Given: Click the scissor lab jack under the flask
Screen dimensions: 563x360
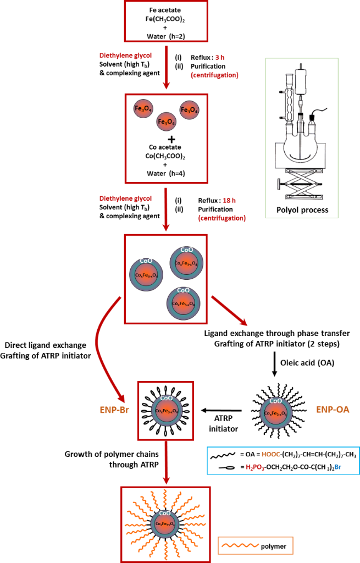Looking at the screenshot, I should point(302,181).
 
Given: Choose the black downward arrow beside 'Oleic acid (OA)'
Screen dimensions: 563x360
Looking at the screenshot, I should point(273,363).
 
